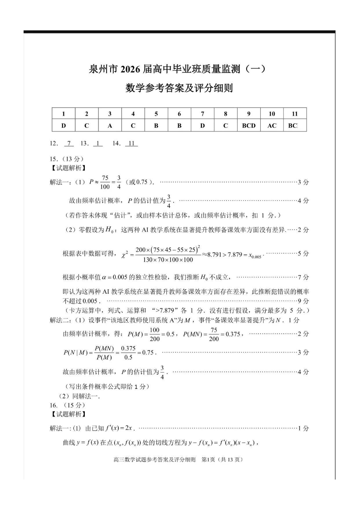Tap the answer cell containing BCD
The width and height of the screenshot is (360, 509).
coord(248,126)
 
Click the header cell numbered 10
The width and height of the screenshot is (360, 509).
coord(272,114)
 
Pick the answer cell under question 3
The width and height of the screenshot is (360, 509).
coord(110,126)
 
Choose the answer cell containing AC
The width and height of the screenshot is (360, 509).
coord(272,126)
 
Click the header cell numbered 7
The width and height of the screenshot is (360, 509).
coord(202,114)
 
